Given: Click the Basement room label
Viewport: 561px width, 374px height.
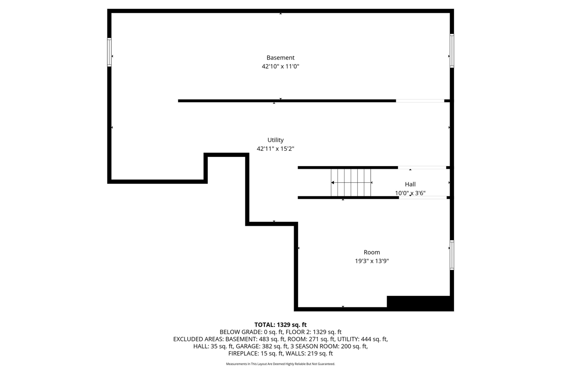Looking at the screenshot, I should (x=280, y=57).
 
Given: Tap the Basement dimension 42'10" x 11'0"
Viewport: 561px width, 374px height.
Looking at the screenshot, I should (x=280, y=67).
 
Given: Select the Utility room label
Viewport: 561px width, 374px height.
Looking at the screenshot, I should (x=276, y=140).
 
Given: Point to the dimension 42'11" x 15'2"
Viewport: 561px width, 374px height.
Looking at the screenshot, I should (x=275, y=149).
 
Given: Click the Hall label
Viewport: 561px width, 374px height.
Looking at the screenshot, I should (x=410, y=185).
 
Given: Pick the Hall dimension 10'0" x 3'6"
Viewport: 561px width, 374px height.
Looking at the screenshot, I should (x=410, y=193).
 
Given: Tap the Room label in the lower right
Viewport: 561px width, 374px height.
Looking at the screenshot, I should (x=372, y=252).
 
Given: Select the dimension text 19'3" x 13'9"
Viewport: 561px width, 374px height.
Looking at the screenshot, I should (x=372, y=261).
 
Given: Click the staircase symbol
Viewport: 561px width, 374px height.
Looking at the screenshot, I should (x=351, y=182).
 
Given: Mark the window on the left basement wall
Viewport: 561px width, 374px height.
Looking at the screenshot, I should (x=109, y=52).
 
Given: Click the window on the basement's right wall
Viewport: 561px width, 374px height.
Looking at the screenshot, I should (x=452, y=51).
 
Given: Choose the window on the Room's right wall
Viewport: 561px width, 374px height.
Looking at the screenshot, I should (x=452, y=255).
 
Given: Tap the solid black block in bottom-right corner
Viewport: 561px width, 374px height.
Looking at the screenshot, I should (x=419, y=303).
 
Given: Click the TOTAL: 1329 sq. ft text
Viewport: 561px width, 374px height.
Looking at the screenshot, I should (x=280, y=325).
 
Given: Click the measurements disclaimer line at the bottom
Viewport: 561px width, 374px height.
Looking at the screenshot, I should (x=280, y=364).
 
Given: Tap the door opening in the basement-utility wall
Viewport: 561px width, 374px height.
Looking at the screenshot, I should (x=420, y=101).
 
